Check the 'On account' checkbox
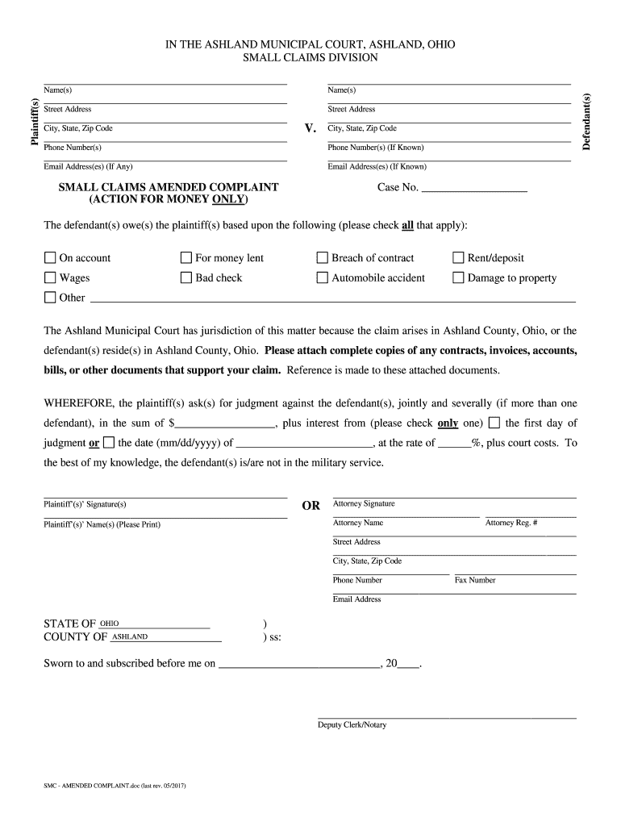pos(50,258)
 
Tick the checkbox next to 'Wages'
pos(50,278)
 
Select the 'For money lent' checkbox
pos(186,258)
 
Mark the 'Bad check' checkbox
pos(186,278)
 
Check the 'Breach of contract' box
pos(323,258)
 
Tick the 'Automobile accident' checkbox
pos(323,278)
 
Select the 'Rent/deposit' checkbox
pos(458,258)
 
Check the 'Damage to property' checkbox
pos(458,278)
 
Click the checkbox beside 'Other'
pos(50,298)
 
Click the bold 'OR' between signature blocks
pos(310,506)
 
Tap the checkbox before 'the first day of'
pos(494,423)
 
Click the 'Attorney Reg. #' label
pos(512,524)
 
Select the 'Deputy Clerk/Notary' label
pos(352,724)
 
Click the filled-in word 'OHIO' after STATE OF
pos(109,624)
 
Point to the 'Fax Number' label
pos(475,580)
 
